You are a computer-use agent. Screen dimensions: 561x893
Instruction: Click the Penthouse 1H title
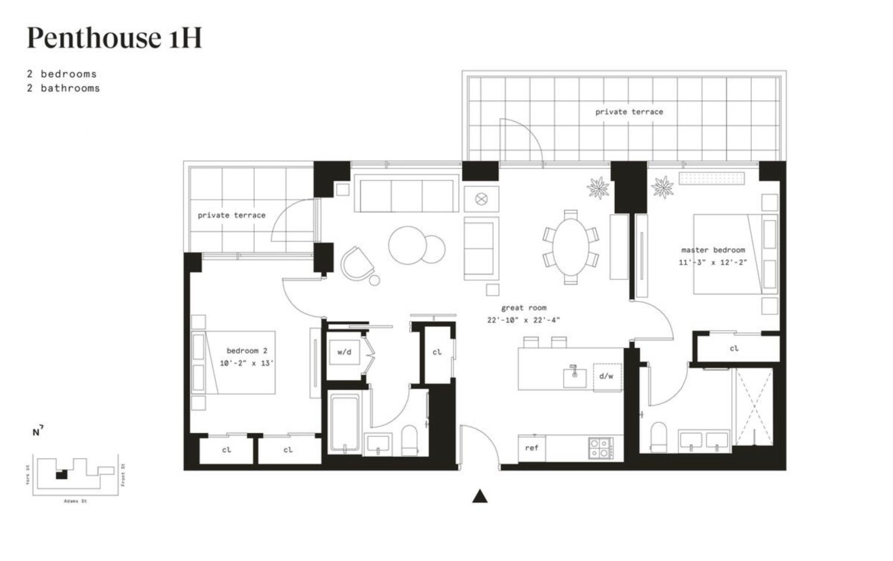114,37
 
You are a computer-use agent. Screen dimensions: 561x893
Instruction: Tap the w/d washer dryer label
344,352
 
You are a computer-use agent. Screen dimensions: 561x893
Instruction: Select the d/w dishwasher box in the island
607,377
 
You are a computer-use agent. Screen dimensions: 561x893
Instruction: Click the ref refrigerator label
532,448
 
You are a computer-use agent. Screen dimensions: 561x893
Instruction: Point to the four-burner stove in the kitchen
601,448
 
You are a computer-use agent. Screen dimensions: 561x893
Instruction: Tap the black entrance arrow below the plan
480,496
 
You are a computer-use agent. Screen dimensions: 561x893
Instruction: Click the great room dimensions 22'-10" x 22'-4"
523,320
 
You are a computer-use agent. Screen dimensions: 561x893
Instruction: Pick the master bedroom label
713,250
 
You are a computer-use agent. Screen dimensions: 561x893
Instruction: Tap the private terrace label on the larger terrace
629,112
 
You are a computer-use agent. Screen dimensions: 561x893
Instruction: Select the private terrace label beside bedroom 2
232,215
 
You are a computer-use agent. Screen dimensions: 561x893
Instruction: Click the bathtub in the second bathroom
345,424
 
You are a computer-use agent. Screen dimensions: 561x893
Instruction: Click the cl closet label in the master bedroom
734,349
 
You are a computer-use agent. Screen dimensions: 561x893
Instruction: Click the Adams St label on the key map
76,502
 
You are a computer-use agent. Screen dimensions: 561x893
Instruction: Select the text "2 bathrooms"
63,88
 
